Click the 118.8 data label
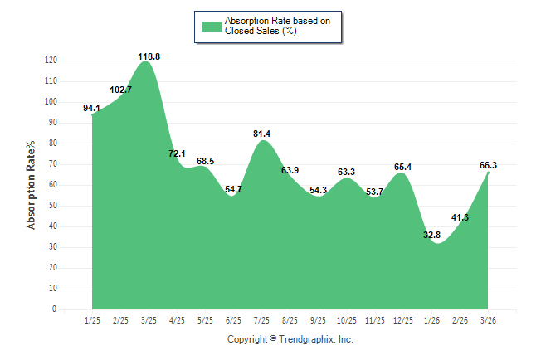149,56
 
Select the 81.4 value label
261,134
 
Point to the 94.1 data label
92,108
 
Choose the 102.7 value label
120,90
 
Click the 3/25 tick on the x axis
149,319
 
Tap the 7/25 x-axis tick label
261,319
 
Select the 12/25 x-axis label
402,319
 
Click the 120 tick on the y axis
51,61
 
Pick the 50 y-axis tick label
53,206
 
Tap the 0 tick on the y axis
55,309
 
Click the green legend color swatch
212,26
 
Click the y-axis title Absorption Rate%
32,185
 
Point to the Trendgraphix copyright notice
290,339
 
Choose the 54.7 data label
233,189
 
